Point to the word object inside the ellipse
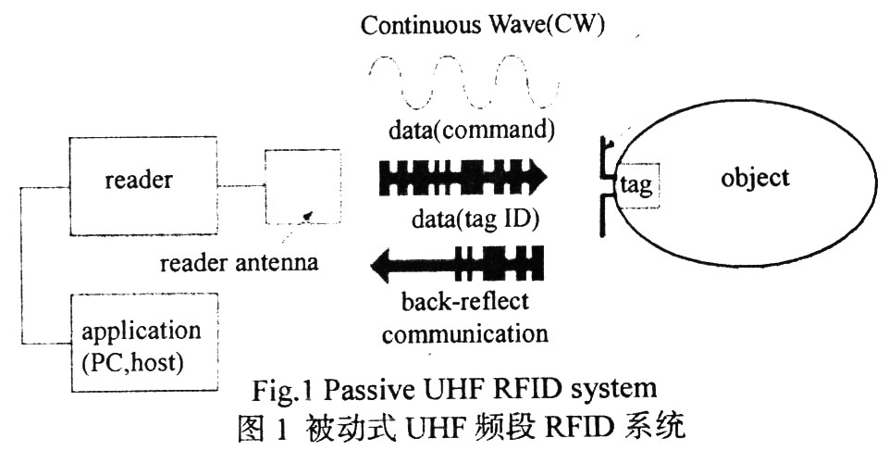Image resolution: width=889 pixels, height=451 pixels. tap(755, 177)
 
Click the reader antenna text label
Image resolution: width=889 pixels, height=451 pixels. tap(239, 263)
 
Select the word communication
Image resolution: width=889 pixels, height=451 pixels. tap(464, 332)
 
